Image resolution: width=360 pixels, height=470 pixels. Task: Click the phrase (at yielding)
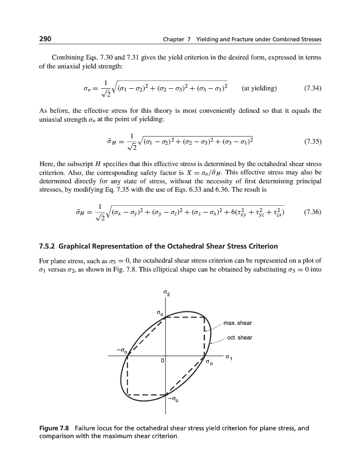[260, 88]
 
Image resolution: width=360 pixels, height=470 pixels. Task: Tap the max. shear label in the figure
[237, 323]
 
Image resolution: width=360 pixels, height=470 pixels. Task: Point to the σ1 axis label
[229, 358]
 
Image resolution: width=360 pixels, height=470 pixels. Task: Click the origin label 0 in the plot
[162, 361]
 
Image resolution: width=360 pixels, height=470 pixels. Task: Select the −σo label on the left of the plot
[122, 348]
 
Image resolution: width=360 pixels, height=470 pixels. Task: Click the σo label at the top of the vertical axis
[160, 312]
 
